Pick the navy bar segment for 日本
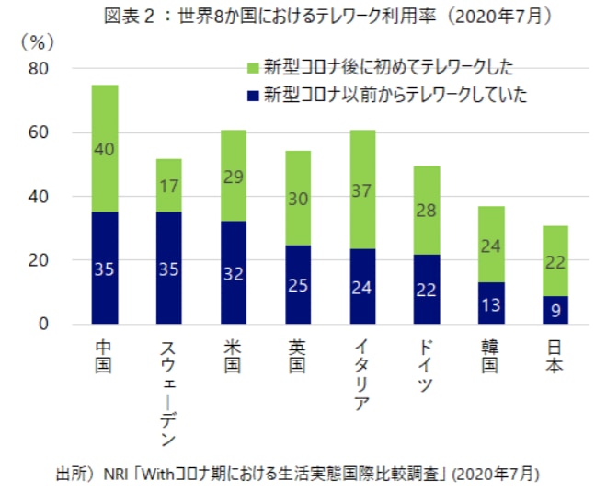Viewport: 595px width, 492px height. tap(555, 309)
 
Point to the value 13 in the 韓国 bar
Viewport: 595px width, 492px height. tap(491, 304)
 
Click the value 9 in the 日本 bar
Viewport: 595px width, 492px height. tap(555, 310)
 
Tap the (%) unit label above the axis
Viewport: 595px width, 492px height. tap(37, 43)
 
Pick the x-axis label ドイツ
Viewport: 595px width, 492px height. tap(427, 366)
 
